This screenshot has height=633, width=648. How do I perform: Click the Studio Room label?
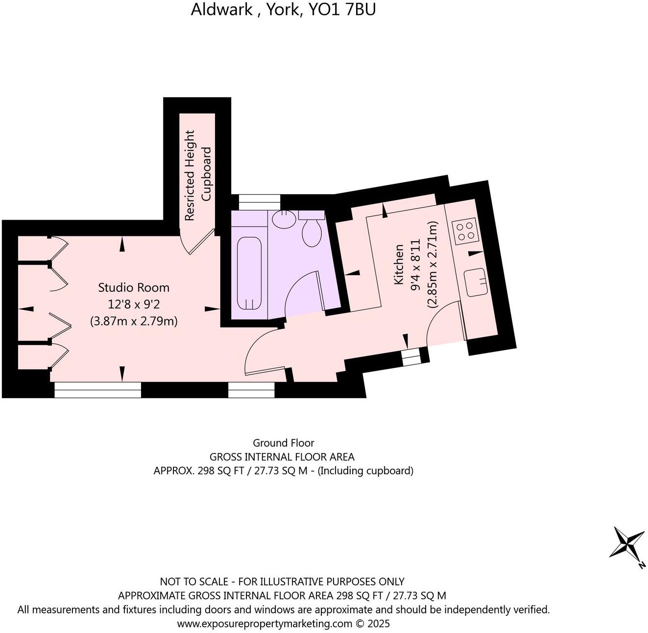click(x=134, y=287)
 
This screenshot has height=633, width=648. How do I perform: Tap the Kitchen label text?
click(x=399, y=265)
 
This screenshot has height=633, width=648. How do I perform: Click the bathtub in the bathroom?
click(x=250, y=274)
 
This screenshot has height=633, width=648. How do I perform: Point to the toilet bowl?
click(x=311, y=233)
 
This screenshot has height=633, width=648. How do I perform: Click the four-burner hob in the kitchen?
click(x=465, y=230)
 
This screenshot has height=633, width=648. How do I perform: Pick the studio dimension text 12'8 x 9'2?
click(x=134, y=304)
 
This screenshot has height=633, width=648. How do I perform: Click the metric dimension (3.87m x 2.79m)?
click(x=134, y=322)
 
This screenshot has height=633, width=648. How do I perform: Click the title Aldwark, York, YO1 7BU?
click(x=283, y=9)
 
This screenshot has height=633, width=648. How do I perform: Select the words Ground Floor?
click(x=283, y=443)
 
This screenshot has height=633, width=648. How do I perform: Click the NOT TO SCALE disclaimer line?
click(x=282, y=582)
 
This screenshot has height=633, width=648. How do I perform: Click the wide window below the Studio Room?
click(x=97, y=390)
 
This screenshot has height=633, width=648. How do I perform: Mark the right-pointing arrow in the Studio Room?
click(x=212, y=308)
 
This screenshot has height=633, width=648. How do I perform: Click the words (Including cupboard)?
click(x=365, y=471)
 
